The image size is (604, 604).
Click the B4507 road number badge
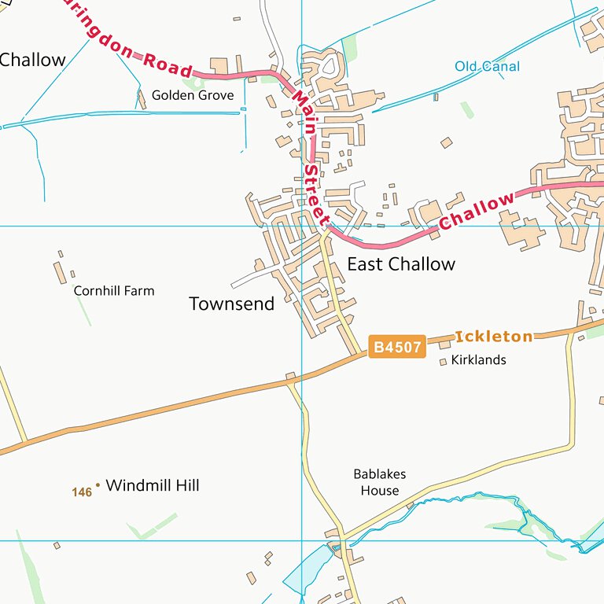click(397, 347)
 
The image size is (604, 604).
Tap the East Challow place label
click(401, 264)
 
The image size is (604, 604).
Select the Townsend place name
click(232, 304)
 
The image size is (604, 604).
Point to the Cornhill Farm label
click(114, 291)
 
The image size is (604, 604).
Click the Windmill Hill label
click(153, 485)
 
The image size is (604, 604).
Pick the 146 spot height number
click(82, 492)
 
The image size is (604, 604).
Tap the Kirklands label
click(479, 360)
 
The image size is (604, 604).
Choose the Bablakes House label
click(380, 482)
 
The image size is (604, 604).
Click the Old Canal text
click(488, 67)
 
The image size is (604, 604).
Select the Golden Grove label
click(193, 95)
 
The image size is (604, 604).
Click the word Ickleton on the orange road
click(494, 337)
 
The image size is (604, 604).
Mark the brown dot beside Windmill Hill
click(98, 484)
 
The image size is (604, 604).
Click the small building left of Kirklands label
click(444, 362)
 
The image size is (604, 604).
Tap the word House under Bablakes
click(380, 491)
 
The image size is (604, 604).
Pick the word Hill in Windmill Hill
click(184, 485)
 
